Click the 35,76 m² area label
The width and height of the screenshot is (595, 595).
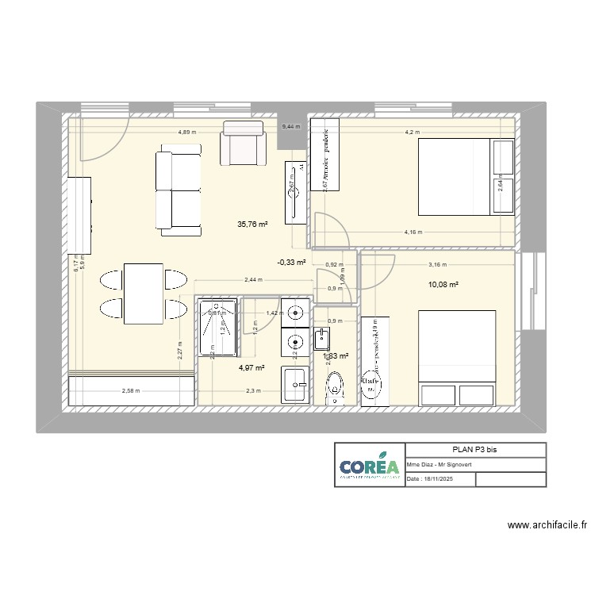tap(252, 225)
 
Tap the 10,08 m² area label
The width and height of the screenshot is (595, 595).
tap(444, 284)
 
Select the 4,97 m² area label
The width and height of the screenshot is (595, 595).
tap(251, 367)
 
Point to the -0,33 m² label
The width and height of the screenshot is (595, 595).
tap(291, 263)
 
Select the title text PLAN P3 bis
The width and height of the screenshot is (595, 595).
tap(475, 450)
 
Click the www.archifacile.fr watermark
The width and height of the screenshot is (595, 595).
tap(547, 524)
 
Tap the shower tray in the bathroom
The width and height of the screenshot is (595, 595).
tap(217, 328)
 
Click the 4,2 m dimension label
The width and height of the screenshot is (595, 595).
tap(412, 132)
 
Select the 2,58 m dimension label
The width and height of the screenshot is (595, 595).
tap(132, 390)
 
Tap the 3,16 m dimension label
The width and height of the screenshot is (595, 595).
tap(437, 266)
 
